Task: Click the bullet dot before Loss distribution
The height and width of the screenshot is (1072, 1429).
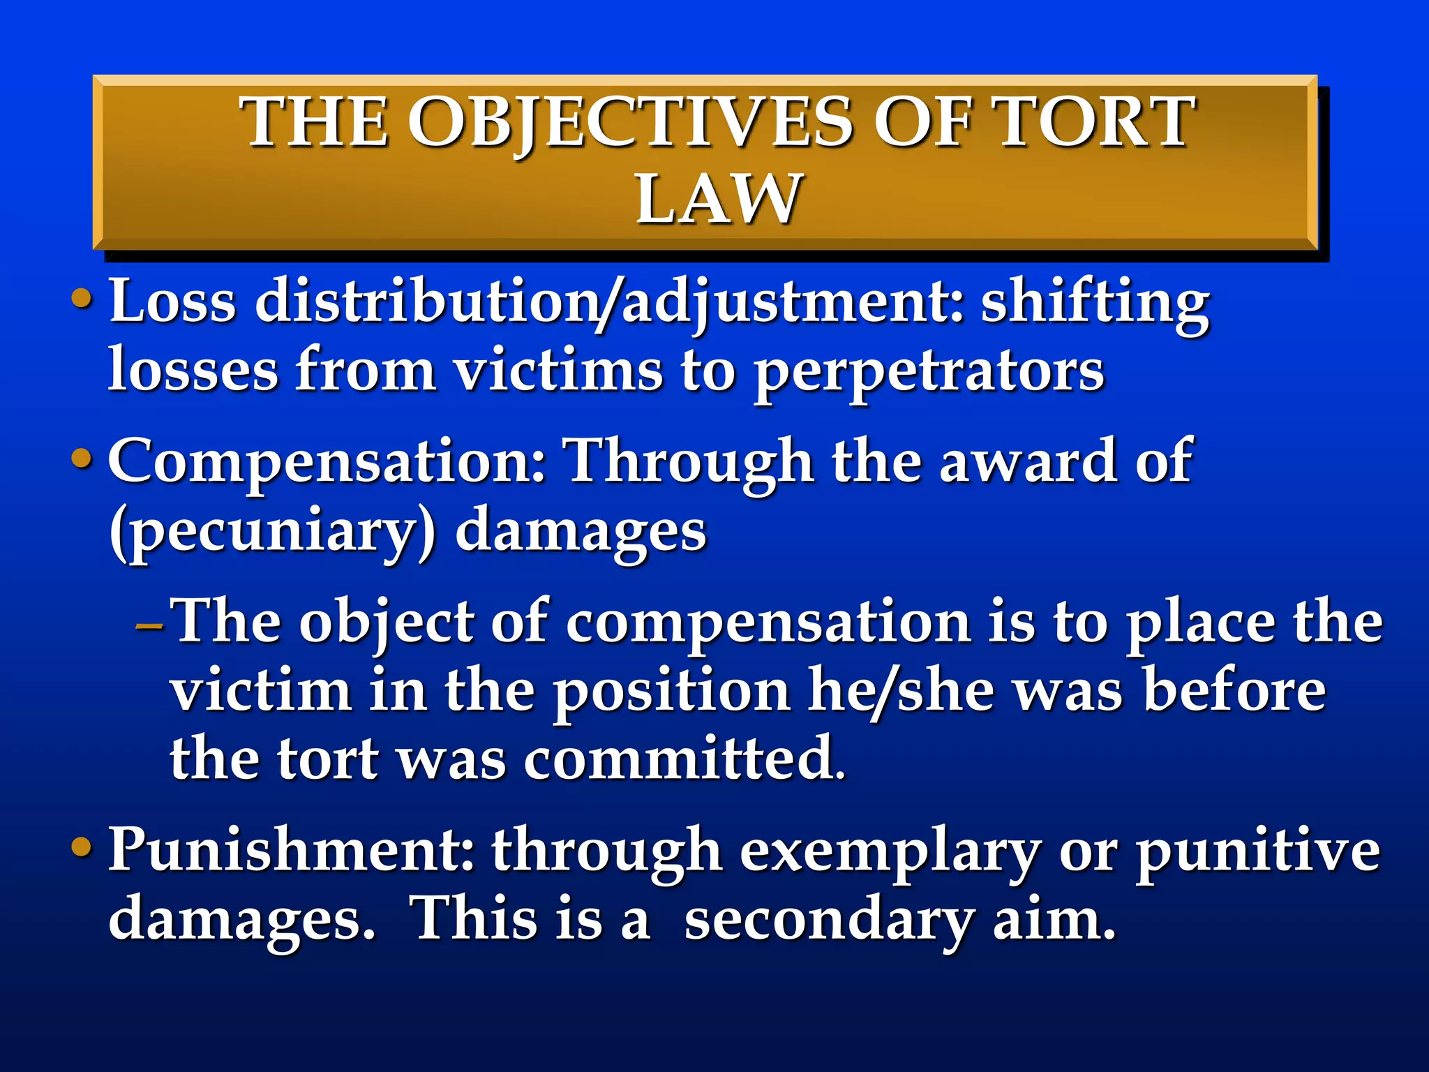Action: (82, 299)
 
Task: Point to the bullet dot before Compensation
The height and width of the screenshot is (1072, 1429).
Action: (82, 459)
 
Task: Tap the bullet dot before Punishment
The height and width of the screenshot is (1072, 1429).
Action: (82, 847)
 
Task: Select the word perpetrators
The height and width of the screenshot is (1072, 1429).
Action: (929, 371)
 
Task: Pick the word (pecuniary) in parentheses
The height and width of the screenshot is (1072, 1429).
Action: (273, 532)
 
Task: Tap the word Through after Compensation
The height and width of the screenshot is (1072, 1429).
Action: (690, 462)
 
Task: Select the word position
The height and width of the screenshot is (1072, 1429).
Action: (672, 693)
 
